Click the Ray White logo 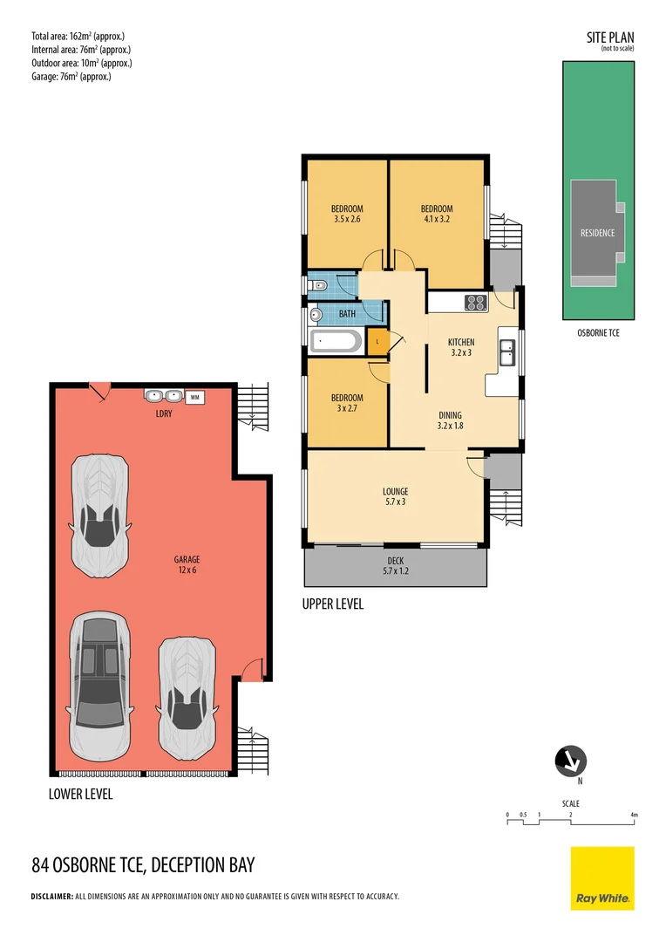(x=602, y=878)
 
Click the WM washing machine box (x=194, y=397)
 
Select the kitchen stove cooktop (x=476, y=303)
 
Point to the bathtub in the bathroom (x=336, y=340)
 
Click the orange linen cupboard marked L (x=377, y=341)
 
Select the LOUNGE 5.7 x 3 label (x=395, y=496)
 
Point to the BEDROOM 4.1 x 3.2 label (x=437, y=214)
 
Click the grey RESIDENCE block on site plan (x=597, y=232)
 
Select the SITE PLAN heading (x=609, y=38)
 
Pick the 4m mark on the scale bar (x=635, y=816)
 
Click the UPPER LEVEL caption (x=332, y=604)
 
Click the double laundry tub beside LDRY (x=164, y=395)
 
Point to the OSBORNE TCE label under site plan (x=598, y=332)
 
